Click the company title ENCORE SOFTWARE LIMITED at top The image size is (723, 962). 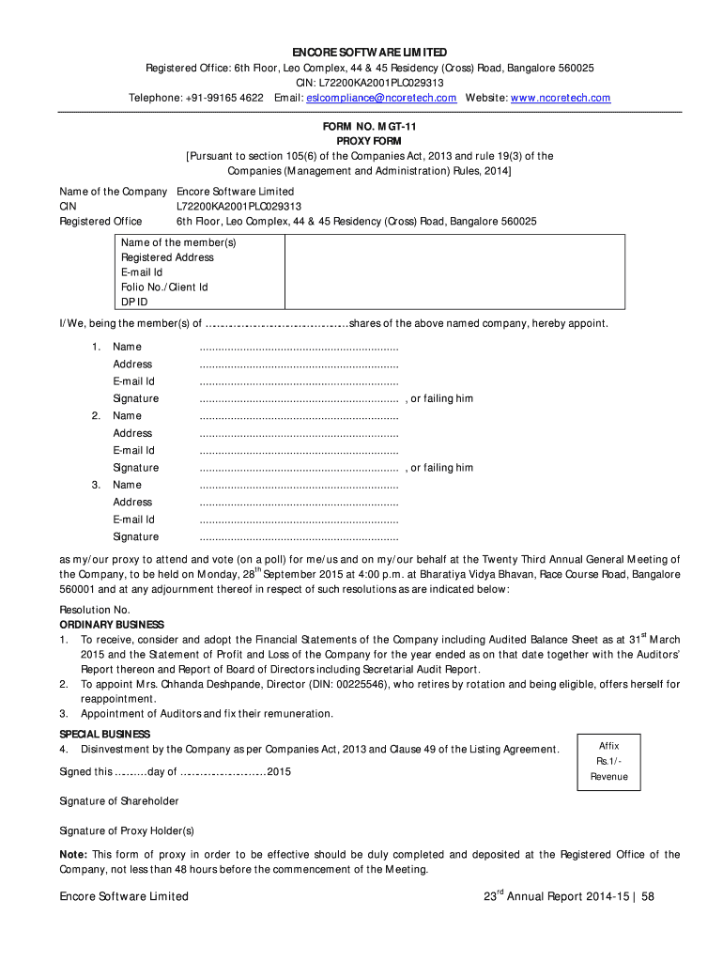368,52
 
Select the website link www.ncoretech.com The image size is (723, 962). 560,98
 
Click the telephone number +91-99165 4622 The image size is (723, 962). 223,98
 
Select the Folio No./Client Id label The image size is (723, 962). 164,287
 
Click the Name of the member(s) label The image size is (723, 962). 178,242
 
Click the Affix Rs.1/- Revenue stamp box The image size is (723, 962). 608,761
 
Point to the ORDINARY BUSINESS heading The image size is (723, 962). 112,625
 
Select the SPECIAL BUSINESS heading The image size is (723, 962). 105,734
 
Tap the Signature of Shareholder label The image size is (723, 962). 119,801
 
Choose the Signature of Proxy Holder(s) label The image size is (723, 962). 127,830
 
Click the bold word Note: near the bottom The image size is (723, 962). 73,855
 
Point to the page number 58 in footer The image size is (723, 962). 648,896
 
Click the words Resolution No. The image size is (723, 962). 95,610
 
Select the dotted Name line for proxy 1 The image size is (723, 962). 300,348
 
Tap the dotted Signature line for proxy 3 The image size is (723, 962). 300,537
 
